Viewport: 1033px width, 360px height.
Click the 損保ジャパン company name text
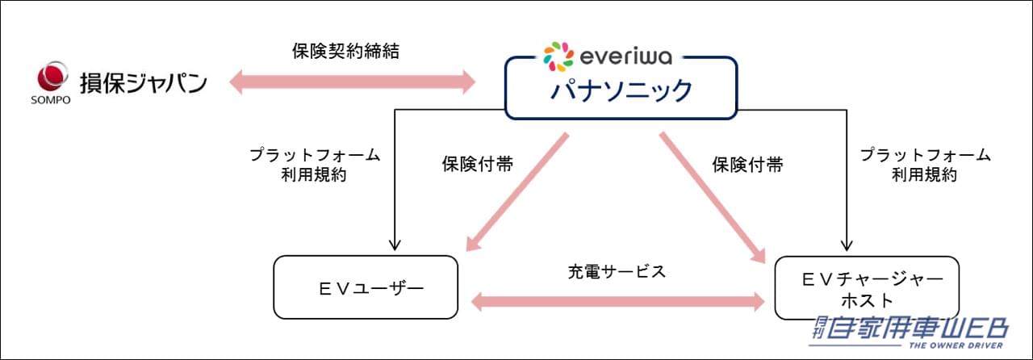(143, 82)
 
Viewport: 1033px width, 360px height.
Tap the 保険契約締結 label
(345, 52)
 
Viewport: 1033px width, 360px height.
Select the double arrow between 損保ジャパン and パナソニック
(353, 82)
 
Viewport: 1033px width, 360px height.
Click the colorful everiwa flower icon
(559, 57)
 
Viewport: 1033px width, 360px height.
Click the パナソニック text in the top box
(621, 90)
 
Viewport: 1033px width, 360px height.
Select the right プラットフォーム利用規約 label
(925, 164)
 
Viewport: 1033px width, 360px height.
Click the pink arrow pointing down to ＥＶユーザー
(516, 194)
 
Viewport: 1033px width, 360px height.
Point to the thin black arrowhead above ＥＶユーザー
(395, 244)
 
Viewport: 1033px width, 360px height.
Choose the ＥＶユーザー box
(366, 287)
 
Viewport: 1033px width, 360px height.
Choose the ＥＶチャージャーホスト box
(867, 287)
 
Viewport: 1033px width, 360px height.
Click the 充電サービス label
(617, 271)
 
